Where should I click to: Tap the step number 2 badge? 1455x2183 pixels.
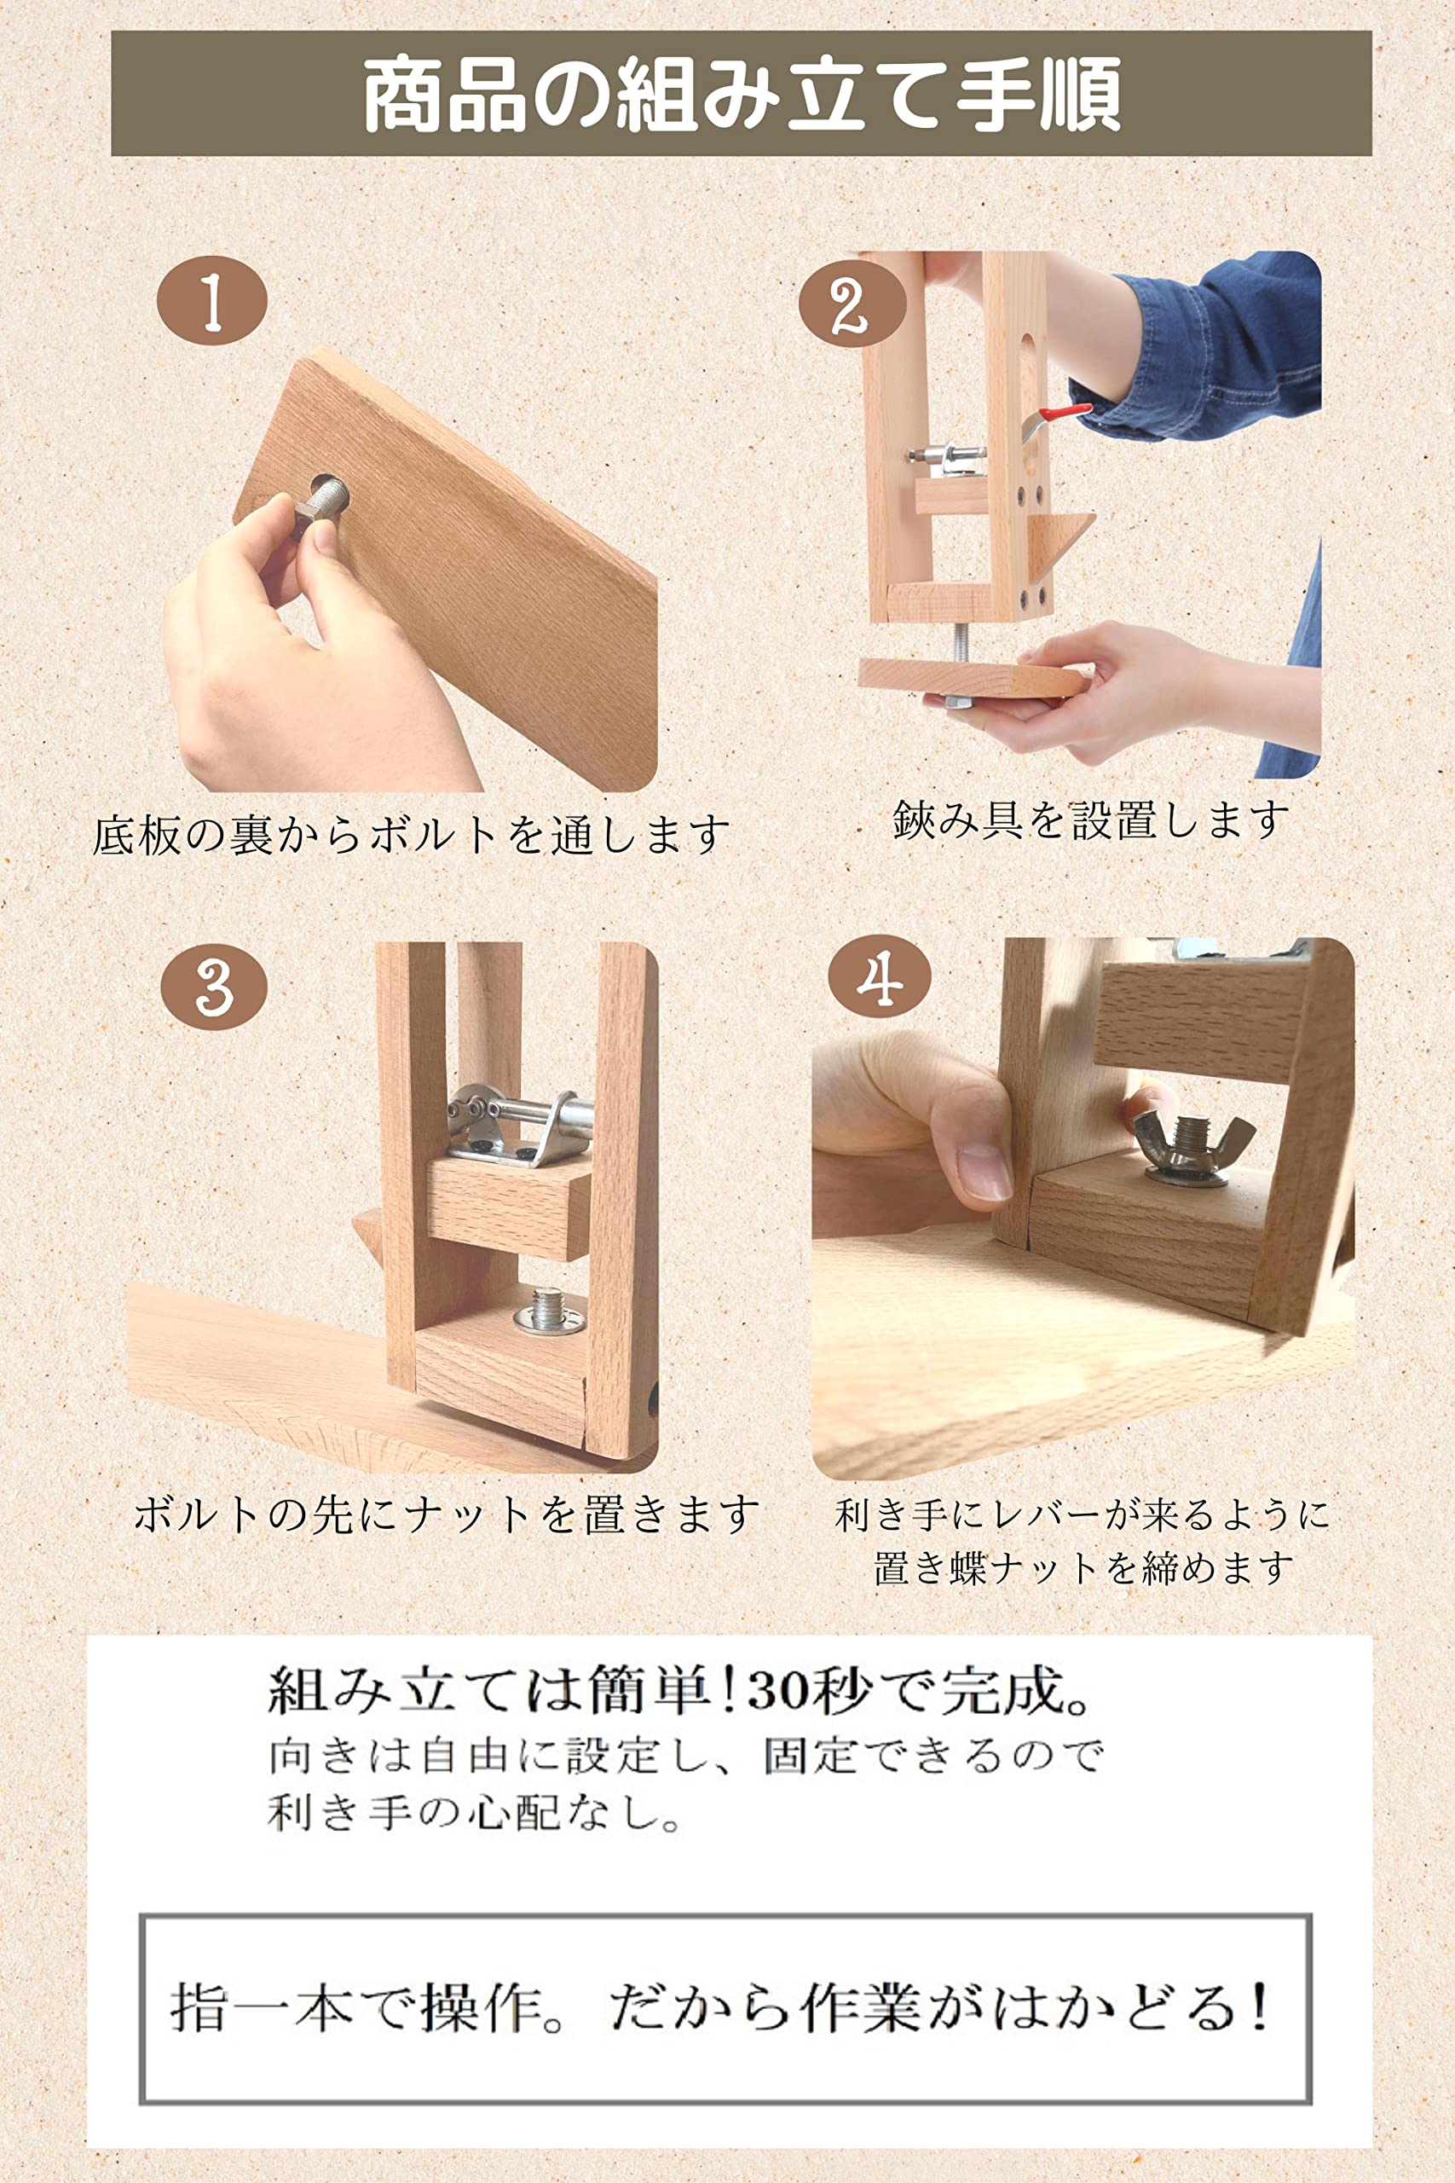tap(852, 304)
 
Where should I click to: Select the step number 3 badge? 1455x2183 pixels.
tap(214, 986)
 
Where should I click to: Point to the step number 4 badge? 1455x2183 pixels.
tap(879, 976)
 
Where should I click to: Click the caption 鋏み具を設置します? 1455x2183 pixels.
tap(1091, 820)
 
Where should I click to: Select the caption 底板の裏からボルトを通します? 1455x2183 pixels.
tap(410, 835)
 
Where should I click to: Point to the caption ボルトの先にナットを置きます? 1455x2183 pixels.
tap(446, 1514)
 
